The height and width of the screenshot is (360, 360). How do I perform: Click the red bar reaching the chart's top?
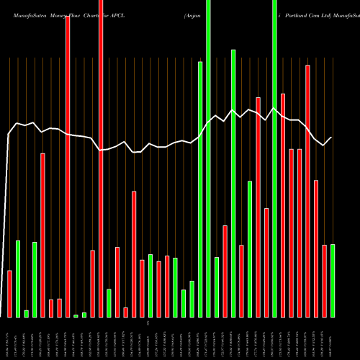pyautogui.click(x=101, y=158)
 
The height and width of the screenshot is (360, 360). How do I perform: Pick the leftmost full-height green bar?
pyautogui.click(x=209, y=158)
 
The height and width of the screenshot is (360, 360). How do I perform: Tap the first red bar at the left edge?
pyautogui.click(x=9, y=294)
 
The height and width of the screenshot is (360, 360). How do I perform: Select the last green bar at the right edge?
pyautogui.click(x=333, y=281)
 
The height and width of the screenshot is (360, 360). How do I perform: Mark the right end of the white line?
pyautogui.click(x=332, y=138)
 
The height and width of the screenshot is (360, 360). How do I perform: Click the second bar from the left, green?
pyautogui.click(x=18, y=279)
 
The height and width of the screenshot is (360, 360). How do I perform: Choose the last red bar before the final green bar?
pyautogui.click(x=324, y=281)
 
